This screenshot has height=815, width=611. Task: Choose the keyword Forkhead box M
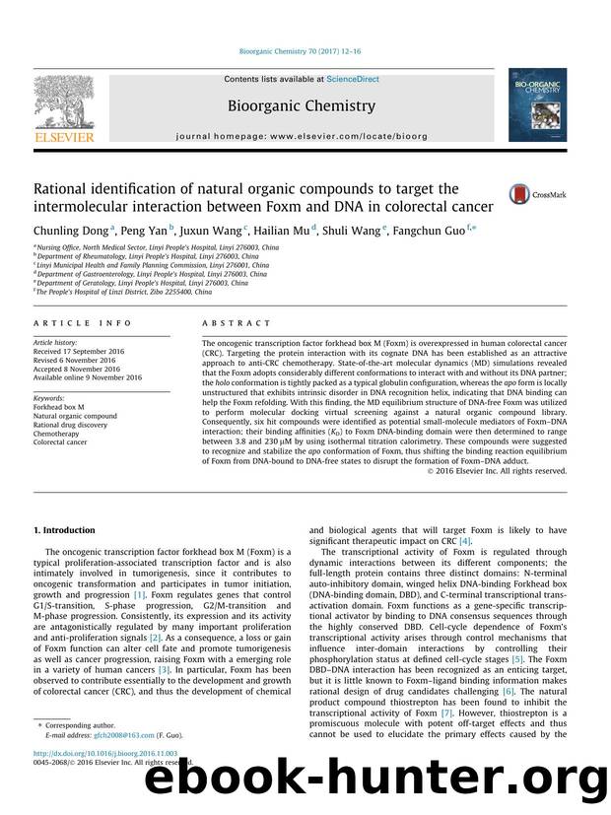point(61,405)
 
